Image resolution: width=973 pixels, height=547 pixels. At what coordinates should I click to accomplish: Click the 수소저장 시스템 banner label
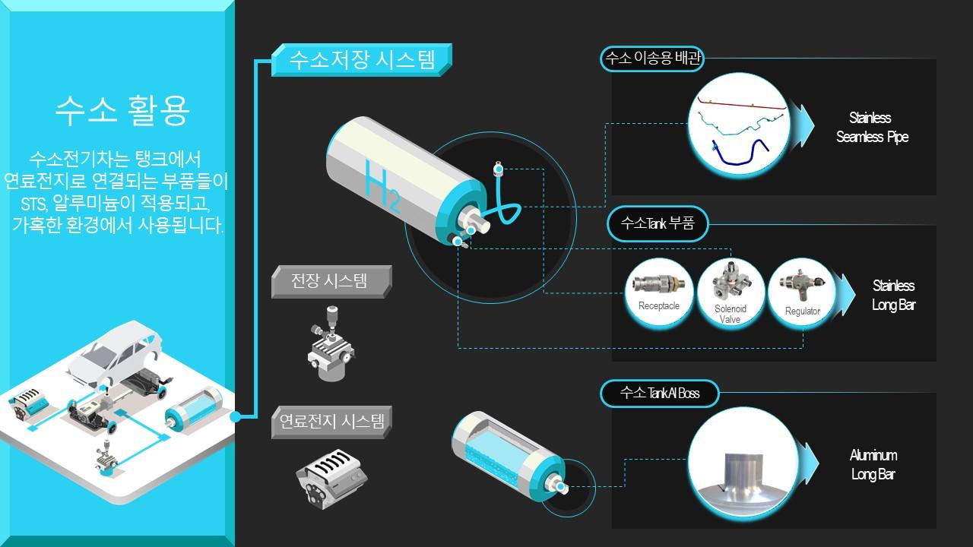tap(362, 60)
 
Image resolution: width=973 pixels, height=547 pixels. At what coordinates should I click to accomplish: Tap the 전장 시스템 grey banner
tap(331, 281)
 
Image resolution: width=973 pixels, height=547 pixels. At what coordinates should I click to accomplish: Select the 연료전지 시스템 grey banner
tap(331, 422)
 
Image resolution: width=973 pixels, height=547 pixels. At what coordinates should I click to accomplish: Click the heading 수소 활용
tap(122, 110)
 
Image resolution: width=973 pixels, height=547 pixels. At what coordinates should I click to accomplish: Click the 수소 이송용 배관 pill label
tap(652, 58)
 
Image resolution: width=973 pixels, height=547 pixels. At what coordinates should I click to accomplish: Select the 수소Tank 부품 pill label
tap(658, 223)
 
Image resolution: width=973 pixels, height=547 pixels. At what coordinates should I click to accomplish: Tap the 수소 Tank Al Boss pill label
tap(659, 394)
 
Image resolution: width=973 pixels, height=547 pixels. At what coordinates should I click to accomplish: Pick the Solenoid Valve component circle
tap(731, 292)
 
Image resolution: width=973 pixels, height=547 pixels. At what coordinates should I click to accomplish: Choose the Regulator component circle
tap(802, 292)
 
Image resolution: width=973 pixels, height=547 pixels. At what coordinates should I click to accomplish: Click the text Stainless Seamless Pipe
tap(871, 127)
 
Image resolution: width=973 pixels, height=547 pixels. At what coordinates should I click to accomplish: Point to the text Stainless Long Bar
tap(893, 296)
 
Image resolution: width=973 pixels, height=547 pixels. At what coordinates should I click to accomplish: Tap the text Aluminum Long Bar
tap(873, 464)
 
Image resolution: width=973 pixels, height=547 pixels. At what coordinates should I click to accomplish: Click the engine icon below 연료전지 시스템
tap(331, 479)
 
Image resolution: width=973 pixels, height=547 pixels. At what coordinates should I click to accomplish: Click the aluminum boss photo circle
tap(743, 463)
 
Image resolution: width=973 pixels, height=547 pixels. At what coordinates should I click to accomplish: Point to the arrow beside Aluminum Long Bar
tap(809, 463)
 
